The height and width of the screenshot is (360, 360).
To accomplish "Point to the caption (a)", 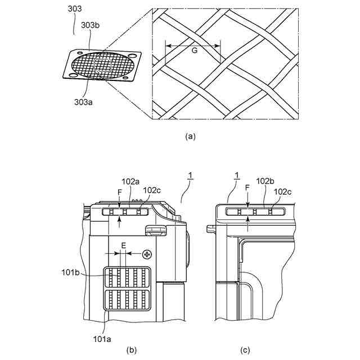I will (x=190, y=136).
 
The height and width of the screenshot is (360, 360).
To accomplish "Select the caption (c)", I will (x=246, y=350).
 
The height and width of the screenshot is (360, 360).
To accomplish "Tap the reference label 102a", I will (x=130, y=182).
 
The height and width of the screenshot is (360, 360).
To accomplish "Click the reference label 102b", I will (x=265, y=182).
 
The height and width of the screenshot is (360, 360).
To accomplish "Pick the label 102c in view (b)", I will (x=152, y=191).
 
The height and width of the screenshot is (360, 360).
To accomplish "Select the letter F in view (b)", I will (x=119, y=192).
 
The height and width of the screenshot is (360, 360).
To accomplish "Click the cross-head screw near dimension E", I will (x=148, y=254).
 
